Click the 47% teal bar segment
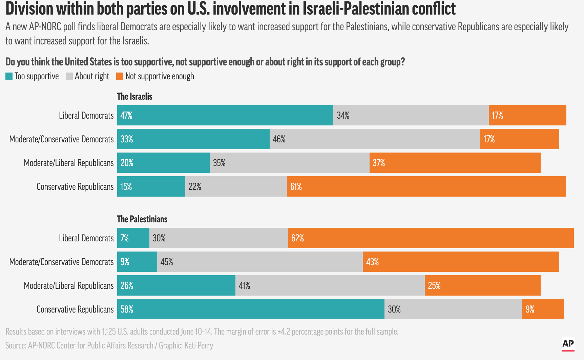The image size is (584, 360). tap(225, 115)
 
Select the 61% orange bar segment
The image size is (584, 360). tap(426, 186)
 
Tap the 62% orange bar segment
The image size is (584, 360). tap(431, 238)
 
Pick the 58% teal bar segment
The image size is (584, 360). tap(251, 309)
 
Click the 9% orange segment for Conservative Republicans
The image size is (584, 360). tap(543, 309)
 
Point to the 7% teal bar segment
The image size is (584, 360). tap(133, 238)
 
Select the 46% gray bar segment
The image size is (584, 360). tap(375, 139)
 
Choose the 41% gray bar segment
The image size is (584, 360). tap(330, 285)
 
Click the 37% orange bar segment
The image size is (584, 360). tap(455, 163)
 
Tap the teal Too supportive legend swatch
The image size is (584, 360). tap(9, 76)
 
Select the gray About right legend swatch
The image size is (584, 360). tap(69, 76)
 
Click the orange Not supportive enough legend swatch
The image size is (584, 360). tap(120, 76)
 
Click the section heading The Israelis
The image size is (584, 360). tap(134, 97)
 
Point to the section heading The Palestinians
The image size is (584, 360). tap(142, 219)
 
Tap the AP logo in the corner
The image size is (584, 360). tap(568, 344)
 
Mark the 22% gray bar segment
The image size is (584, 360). tap(236, 186)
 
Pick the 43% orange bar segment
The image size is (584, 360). tap(461, 262)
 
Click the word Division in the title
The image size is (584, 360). tap(29, 9)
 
